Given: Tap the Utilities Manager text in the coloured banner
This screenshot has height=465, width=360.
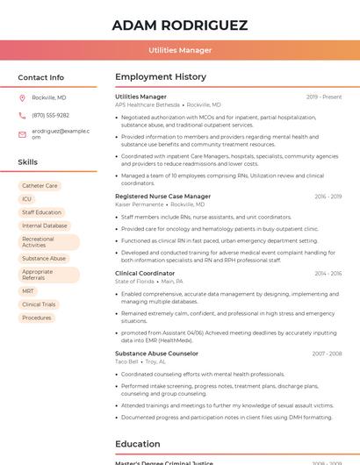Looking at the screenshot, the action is (180, 50).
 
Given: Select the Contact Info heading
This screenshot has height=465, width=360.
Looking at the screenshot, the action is (40, 77).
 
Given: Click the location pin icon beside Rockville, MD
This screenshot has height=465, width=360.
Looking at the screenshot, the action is (22, 97).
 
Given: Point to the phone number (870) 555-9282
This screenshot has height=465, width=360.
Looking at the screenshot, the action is (50, 115).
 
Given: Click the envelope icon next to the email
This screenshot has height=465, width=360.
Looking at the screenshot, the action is (22, 133).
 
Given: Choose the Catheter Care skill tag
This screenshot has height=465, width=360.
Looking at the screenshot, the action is (40, 186).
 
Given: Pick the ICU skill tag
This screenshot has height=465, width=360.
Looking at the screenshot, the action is (27, 199).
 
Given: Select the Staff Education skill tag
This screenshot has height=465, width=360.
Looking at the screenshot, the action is (41, 212).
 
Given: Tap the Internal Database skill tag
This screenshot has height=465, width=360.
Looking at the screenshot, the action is (44, 225).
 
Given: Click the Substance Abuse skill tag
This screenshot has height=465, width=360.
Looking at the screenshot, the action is (44, 259).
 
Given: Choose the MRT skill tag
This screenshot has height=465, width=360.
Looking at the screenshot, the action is (28, 291).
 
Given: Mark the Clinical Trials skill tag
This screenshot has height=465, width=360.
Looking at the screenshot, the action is (39, 304).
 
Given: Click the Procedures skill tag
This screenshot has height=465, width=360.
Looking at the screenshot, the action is (37, 318).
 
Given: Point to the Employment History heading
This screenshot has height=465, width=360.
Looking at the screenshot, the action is (161, 77).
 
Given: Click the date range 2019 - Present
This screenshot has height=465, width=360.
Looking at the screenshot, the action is (324, 97).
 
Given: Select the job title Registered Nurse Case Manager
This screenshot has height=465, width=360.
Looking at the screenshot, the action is (162, 197).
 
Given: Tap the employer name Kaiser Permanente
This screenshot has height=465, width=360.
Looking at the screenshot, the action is (139, 204).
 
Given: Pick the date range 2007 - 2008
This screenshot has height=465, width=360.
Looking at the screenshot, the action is (326, 354).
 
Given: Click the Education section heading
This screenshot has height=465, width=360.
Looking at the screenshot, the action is (137, 444).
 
